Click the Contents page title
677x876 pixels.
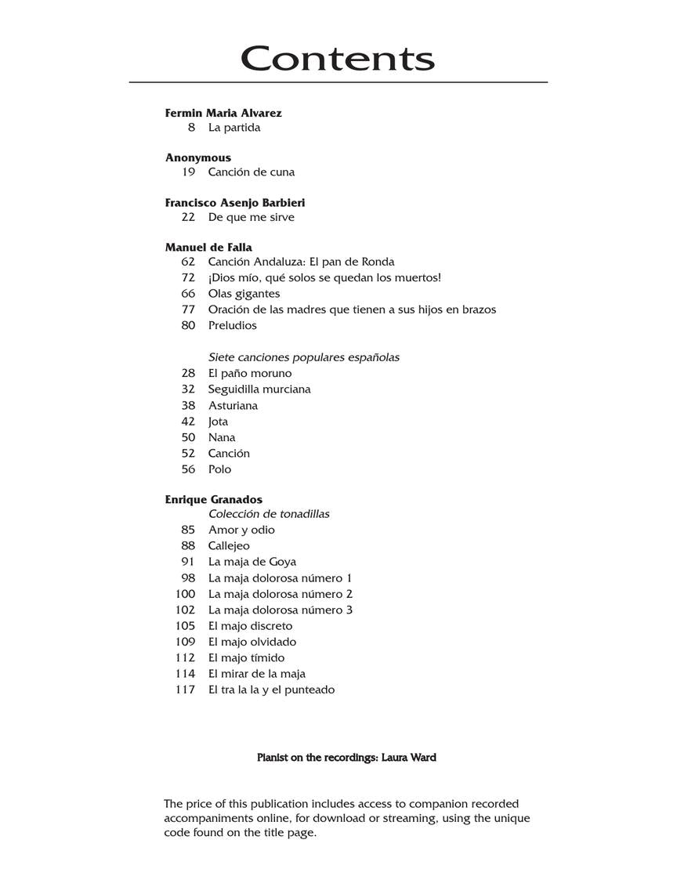point(338,59)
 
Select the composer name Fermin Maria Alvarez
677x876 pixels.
point(223,113)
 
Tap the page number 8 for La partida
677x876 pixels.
point(191,128)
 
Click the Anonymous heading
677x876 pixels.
point(197,157)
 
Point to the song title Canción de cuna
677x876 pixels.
point(251,172)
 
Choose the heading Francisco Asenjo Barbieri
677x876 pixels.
point(235,202)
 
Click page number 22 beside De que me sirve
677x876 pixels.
point(188,217)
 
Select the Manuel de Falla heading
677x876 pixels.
point(208,248)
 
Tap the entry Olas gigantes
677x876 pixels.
point(244,294)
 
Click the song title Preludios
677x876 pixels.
point(232,325)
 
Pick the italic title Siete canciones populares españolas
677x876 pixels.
point(303,357)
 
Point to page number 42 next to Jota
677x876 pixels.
point(188,422)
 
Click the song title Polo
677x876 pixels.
point(219,469)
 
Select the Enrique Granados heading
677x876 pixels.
point(213,499)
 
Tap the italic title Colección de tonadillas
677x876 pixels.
point(269,514)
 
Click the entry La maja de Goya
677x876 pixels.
point(252,562)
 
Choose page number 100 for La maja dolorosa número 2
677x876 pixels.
point(186,594)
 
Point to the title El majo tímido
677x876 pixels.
point(246,658)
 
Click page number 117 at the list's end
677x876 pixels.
point(186,690)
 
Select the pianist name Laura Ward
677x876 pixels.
point(408,758)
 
